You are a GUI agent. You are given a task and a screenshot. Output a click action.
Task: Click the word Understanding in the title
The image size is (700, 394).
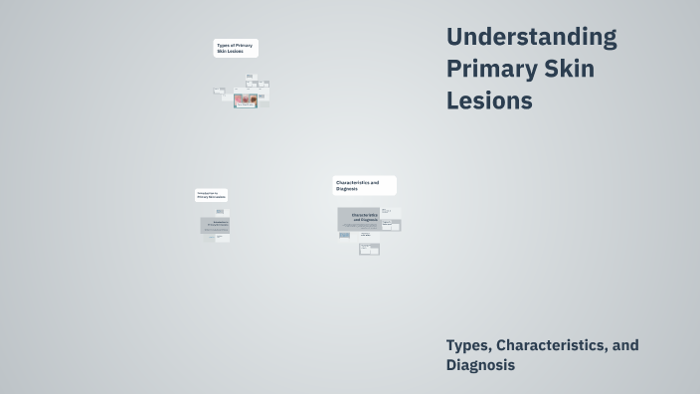[x=531, y=38]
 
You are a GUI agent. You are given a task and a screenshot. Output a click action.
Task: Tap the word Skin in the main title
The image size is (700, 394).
[x=569, y=70]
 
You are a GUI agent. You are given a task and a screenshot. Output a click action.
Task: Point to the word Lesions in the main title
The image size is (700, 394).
[x=489, y=101]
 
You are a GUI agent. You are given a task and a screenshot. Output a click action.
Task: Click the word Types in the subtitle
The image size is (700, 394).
[x=468, y=345]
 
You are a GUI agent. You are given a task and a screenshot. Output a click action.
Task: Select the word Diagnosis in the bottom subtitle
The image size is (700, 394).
[x=480, y=365]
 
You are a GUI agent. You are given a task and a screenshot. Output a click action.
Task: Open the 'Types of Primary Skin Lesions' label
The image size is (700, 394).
[x=236, y=48]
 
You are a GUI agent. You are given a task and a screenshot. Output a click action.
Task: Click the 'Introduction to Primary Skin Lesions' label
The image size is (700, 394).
[x=211, y=195]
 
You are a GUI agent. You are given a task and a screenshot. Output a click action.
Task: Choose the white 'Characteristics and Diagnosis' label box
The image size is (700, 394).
[x=364, y=185]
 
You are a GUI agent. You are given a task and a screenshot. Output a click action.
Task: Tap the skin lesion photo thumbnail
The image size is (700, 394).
[x=245, y=100]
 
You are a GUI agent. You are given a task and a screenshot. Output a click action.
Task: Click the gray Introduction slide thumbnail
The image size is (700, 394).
[x=215, y=225]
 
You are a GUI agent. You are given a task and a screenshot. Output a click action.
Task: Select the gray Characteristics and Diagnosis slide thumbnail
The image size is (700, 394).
[x=358, y=219]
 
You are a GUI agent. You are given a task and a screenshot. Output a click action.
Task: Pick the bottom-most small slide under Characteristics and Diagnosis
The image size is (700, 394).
[x=369, y=250]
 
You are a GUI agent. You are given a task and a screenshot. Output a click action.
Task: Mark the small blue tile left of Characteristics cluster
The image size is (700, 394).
[x=344, y=236]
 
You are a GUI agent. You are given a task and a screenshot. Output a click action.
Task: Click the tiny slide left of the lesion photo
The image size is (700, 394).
[x=220, y=92]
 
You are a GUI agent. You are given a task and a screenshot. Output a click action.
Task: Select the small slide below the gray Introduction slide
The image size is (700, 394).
[x=223, y=239]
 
